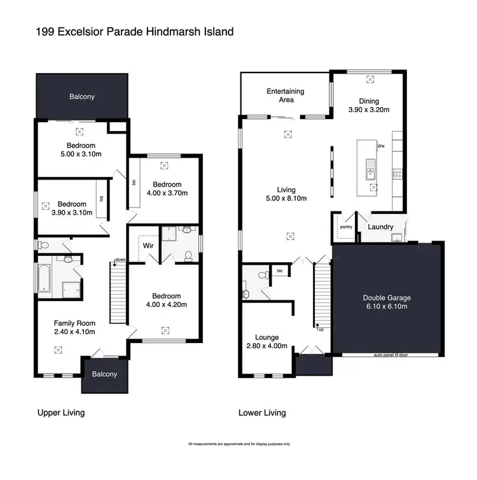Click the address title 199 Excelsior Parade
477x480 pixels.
[x=127, y=31]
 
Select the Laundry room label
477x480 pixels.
[x=380, y=227]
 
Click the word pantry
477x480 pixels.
[x=346, y=226]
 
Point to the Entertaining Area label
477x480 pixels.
[x=284, y=95]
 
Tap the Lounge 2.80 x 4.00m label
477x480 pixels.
[x=266, y=342]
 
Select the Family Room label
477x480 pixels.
[x=74, y=327]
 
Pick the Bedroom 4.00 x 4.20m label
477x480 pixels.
[x=165, y=300]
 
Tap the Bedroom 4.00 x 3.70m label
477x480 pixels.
[x=166, y=188]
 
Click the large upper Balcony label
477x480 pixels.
[x=82, y=97]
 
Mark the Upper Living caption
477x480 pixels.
[x=60, y=413]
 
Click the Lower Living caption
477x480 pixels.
[x=261, y=413]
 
